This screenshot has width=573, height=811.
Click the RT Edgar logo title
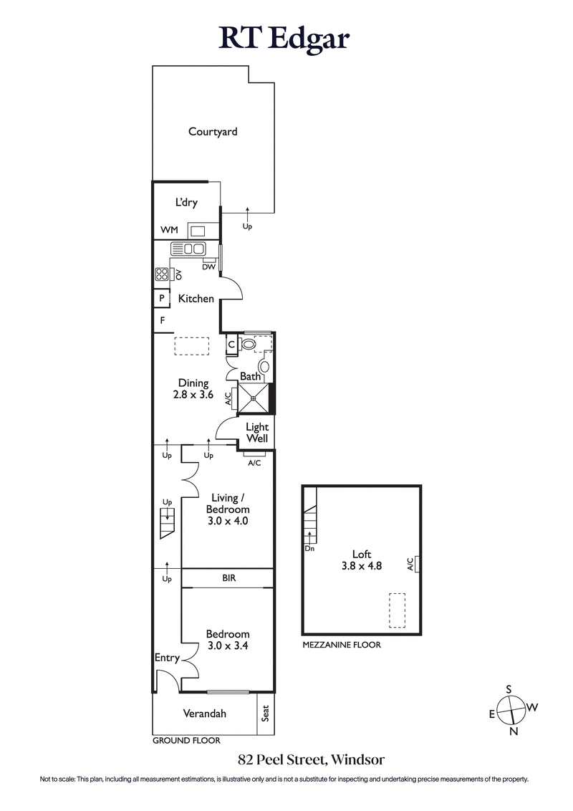284,39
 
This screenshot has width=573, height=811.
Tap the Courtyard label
213,132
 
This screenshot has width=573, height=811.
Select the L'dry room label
186,203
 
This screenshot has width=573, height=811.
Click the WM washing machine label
168,230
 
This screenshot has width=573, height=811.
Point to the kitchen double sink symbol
188,249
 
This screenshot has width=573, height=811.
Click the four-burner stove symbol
161,274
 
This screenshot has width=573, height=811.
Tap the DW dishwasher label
209,267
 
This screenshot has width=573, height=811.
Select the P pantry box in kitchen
161,299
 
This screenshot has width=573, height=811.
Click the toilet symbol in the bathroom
249,345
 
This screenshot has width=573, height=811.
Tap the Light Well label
257,433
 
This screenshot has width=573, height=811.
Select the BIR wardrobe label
229,577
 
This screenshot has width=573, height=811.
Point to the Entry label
167,658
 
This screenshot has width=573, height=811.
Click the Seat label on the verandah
265,714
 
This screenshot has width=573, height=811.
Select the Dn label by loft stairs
309,549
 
